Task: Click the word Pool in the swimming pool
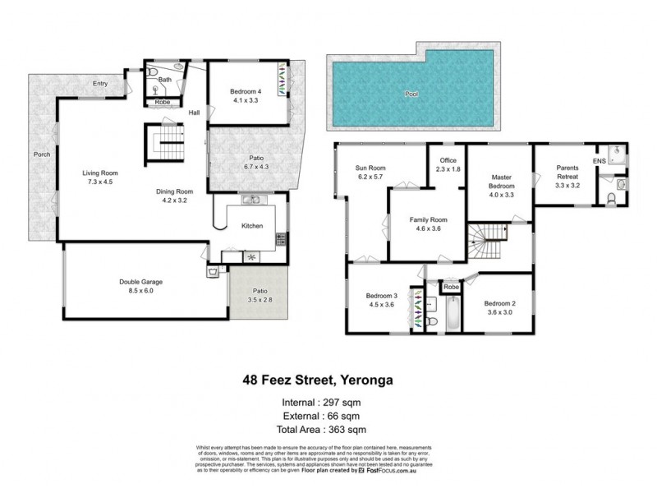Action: tap(411, 94)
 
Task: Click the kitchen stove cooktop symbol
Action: tap(281, 240)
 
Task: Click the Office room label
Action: tap(447, 161)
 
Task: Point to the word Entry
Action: tap(100, 84)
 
